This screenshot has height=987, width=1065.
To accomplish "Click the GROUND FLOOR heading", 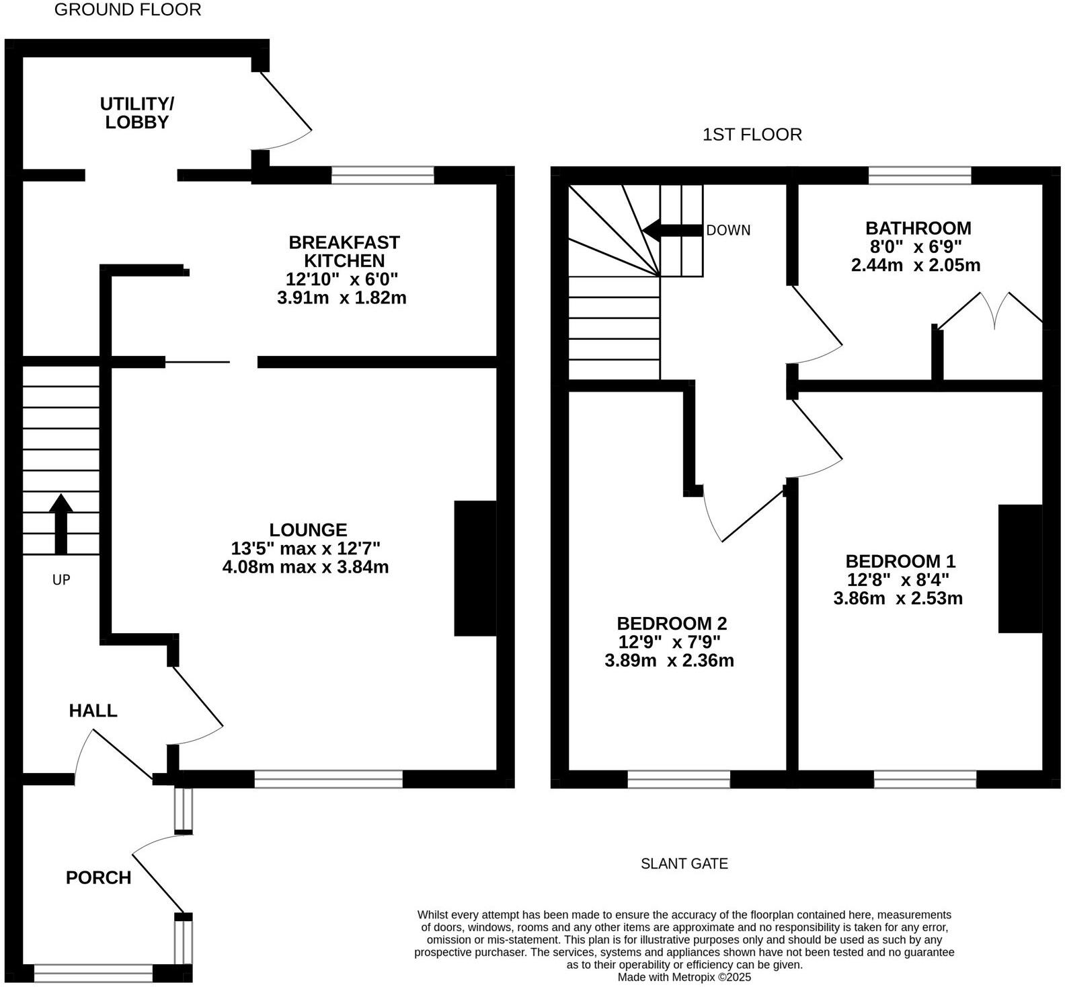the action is click(127, 10).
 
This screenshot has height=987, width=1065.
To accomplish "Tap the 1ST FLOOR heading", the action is click(752, 135).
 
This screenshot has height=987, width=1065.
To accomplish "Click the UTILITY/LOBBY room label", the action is click(136, 113).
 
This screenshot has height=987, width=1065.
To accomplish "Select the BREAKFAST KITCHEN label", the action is click(344, 251).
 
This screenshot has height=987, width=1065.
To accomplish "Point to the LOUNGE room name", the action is click(308, 530).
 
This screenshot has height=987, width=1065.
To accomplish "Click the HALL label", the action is click(93, 710).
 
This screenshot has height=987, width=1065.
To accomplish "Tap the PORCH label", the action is click(98, 877).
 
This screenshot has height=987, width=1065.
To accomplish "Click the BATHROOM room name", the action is click(918, 228).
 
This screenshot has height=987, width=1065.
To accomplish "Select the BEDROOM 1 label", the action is click(900, 561).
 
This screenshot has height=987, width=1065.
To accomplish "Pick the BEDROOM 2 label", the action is click(672, 623).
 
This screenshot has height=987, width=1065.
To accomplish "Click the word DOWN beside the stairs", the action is click(728, 230).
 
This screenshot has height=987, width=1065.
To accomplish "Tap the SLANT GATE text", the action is click(684, 863).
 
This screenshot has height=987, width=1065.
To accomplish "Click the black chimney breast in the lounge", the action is click(475, 568).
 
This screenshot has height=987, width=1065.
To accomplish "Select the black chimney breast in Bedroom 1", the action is click(1019, 569).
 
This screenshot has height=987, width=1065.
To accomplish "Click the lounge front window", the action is click(328, 779).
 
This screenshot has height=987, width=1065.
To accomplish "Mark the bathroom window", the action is click(920, 176).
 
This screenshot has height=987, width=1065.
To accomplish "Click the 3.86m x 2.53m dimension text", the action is click(898, 598).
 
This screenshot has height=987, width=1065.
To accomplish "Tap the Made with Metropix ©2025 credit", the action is click(684, 977).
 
